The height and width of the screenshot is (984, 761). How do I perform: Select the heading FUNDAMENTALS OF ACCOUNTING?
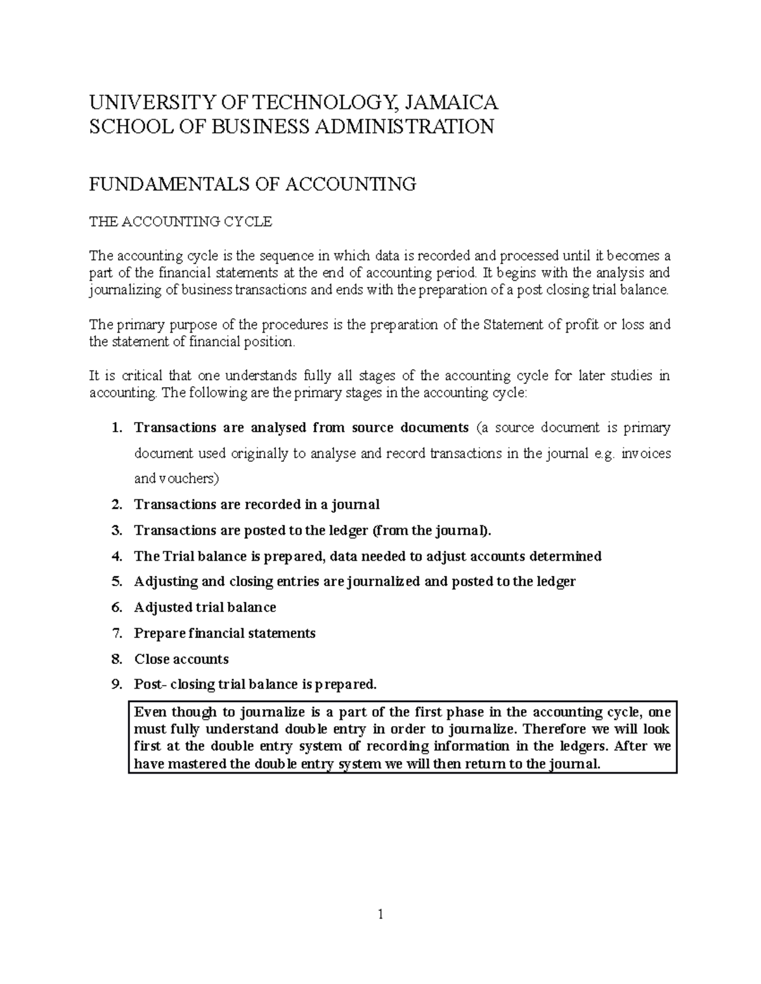252,184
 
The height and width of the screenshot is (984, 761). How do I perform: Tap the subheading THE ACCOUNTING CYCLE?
180,222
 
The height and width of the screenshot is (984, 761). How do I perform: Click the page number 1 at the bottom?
380,914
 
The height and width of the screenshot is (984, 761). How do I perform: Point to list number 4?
115,556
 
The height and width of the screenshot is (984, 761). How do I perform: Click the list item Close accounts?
181,659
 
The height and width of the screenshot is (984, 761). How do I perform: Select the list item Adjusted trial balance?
205,608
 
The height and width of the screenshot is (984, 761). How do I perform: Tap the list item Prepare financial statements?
224,634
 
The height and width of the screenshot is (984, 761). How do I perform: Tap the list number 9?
115,684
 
